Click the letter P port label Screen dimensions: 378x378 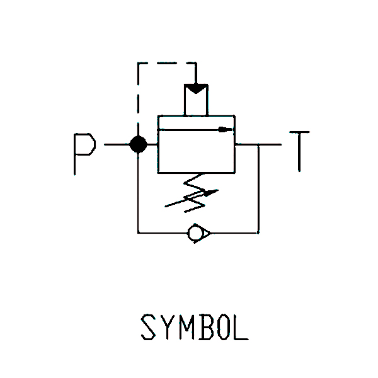tap(84, 154)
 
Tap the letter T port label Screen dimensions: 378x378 tap(299, 151)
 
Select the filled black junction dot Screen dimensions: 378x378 tap(138, 145)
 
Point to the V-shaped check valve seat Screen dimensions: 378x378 tap(206, 233)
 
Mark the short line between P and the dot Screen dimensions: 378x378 tap(117, 145)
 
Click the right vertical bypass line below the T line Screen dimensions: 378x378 tap(258, 189)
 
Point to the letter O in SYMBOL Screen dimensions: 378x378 tap(224, 327)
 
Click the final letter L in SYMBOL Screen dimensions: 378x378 tap(241, 327)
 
